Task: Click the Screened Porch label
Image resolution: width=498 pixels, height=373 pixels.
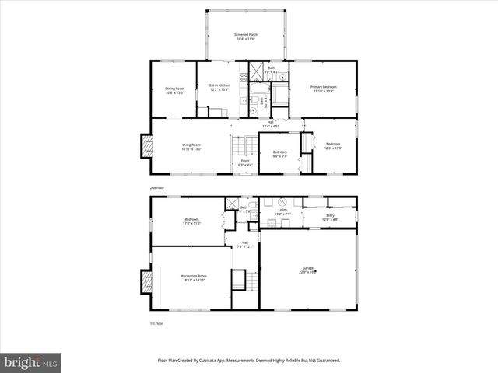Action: click(247, 37)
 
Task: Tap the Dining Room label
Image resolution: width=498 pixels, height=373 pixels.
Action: click(174, 90)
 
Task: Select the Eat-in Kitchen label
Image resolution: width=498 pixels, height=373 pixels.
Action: click(219, 87)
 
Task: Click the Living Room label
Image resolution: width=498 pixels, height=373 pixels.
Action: click(191, 146)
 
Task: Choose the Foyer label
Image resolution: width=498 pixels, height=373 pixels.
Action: click(244, 162)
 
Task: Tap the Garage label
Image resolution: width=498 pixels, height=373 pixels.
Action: click(307, 271)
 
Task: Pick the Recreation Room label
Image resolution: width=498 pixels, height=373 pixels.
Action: click(193, 277)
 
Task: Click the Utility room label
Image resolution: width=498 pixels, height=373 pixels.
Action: click(282, 211)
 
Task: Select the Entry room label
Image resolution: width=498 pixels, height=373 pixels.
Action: click(330, 217)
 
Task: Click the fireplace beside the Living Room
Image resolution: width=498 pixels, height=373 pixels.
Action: click(145, 146)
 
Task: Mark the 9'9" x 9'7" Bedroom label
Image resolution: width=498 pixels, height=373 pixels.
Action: click(279, 154)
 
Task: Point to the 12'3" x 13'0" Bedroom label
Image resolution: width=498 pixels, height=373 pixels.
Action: click(333, 146)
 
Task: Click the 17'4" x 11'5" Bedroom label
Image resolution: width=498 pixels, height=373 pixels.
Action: click(191, 221)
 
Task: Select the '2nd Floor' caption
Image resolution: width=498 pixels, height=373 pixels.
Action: click(158, 188)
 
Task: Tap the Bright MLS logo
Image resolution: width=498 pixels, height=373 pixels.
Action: click(31, 362)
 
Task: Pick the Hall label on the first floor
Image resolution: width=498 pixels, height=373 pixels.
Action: click(244, 245)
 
